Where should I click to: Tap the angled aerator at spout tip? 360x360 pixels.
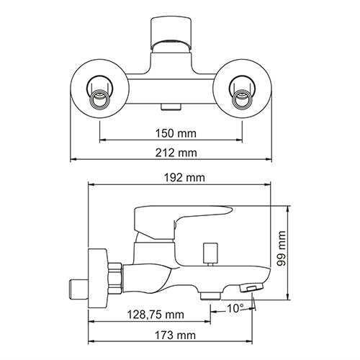(x=253, y=289)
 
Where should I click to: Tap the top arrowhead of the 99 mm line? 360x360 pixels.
(x=288, y=210)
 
